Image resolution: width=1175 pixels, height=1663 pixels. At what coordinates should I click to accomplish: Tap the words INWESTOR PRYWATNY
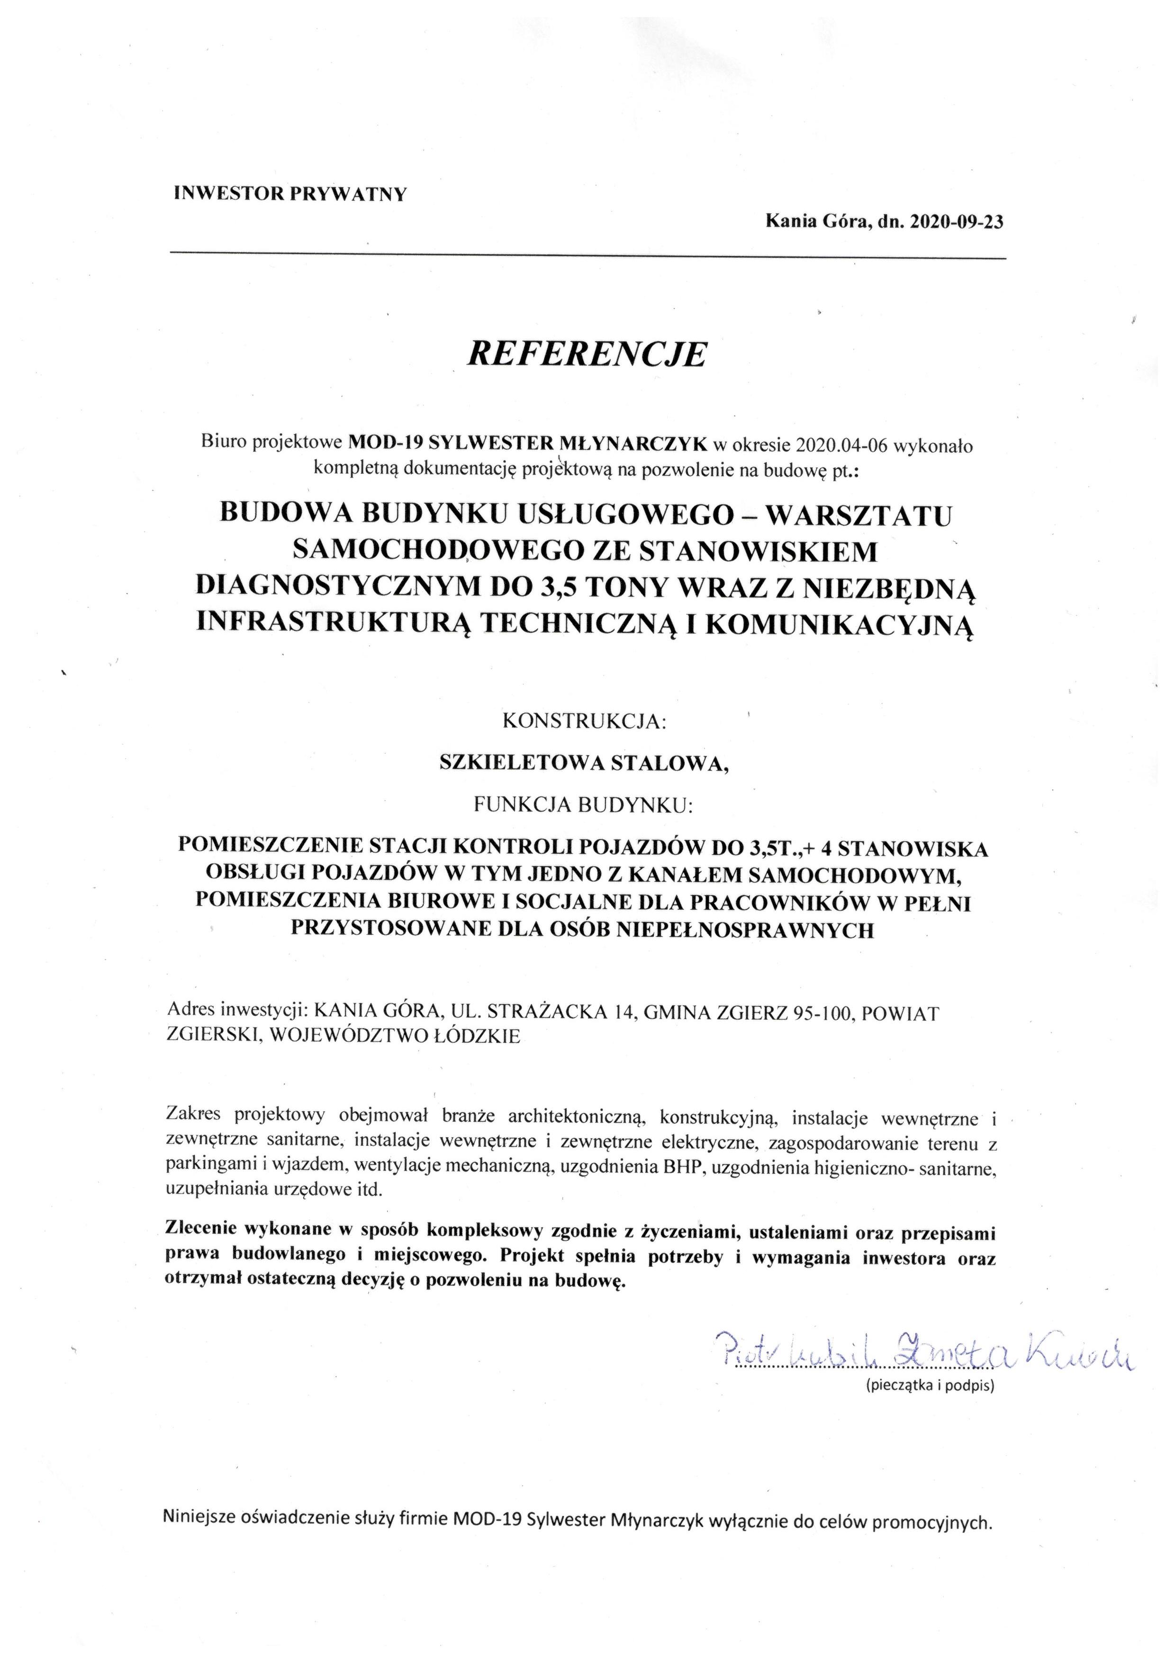[291, 194]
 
